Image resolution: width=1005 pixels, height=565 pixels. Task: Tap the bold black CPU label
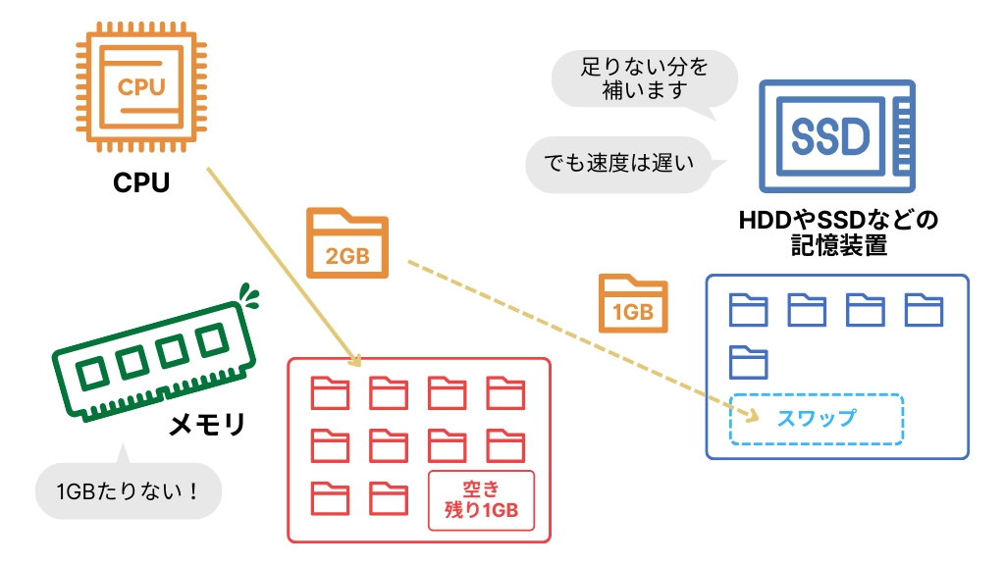click(x=141, y=183)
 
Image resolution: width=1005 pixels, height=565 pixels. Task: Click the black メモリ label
click(x=207, y=426)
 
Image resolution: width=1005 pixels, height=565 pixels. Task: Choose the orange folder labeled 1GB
click(x=633, y=303)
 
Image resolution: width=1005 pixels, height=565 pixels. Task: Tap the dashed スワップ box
click(x=817, y=419)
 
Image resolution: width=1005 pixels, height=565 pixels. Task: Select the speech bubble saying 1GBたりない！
click(x=128, y=489)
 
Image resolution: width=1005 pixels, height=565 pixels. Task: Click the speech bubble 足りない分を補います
click(x=643, y=79)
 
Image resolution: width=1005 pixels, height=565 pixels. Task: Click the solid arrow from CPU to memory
click(x=280, y=265)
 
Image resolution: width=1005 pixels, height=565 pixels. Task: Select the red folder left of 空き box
click(x=388, y=498)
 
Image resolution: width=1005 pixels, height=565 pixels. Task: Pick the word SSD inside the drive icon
click(x=830, y=136)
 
